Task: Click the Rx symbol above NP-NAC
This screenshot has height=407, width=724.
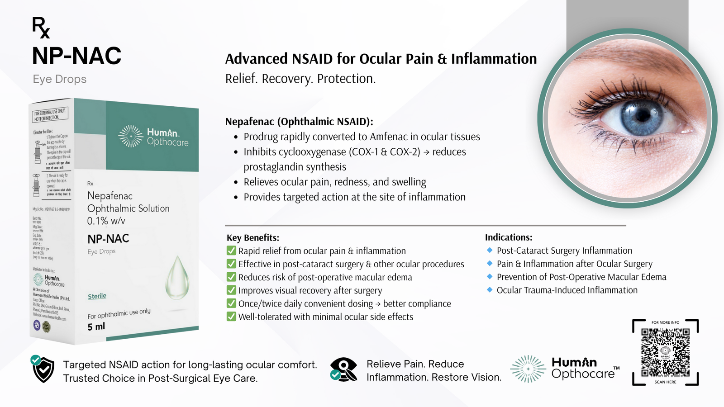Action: tap(41, 27)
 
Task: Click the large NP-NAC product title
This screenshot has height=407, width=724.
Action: tap(76, 56)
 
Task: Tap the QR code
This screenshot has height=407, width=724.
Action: tap(665, 352)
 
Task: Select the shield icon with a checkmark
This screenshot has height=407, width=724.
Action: tap(43, 369)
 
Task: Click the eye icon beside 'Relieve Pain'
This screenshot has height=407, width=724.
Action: tap(343, 369)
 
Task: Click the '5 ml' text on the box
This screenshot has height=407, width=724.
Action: tap(96, 327)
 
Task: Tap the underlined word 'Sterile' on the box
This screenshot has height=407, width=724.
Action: tap(97, 296)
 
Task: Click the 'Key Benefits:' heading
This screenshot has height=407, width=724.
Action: tap(253, 238)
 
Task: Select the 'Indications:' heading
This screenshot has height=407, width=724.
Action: tap(509, 237)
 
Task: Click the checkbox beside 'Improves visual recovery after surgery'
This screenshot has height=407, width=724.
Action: tap(231, 290)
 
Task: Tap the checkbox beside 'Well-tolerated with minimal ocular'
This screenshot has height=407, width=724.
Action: tap(231, 317)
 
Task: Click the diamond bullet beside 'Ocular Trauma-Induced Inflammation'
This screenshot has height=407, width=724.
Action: tap(490, 290)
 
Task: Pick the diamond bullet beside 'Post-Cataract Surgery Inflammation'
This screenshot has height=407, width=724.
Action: tap(490, 250)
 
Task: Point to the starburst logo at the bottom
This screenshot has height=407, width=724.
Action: tap(528, 369)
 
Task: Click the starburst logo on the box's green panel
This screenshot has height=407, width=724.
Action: tap(130, 136)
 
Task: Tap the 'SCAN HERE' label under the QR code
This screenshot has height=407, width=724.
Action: tap(665, 382)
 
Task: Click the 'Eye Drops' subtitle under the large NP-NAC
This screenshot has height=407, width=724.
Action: tap(59, 79)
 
